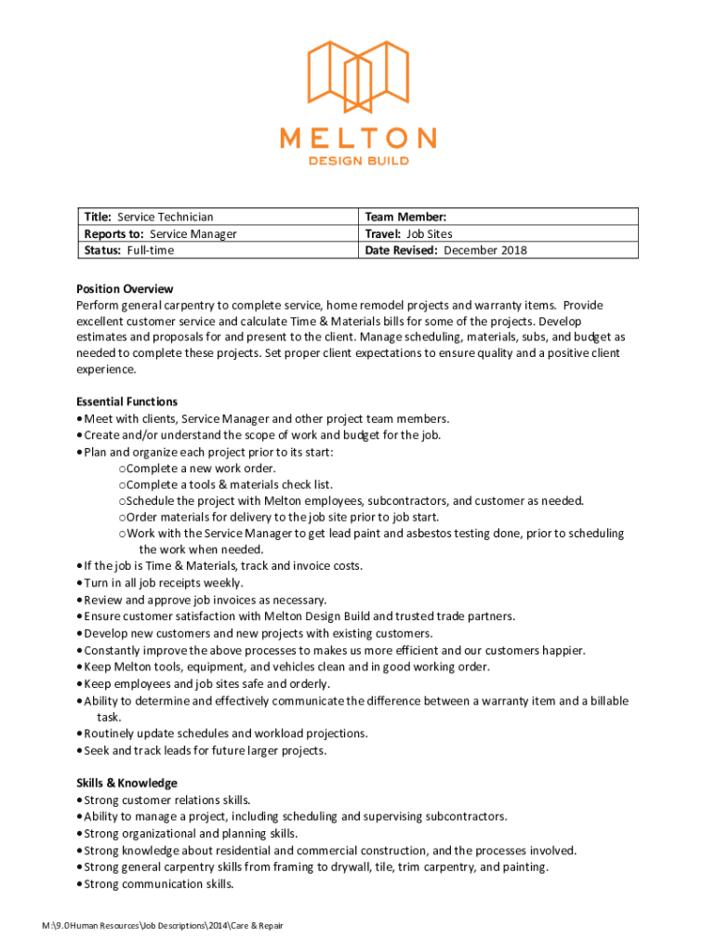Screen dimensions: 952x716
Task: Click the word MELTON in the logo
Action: [x=358, y=139]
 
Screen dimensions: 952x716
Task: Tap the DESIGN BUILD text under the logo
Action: [x=358, y=161]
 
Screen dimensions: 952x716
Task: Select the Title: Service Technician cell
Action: [x=149, y=217]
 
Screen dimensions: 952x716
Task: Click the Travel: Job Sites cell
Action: [x=409, y=233]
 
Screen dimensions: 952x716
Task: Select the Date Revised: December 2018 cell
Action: [x=446, y=250]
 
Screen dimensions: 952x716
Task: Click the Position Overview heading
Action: [x=125, y=289]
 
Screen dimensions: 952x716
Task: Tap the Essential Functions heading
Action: [x=126, y=402]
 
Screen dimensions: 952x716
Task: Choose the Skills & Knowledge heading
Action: [x=126, y=783]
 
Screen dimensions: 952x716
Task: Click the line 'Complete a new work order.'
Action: [x=201, y=468]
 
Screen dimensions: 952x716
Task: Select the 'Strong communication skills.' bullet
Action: [x=158, y=884]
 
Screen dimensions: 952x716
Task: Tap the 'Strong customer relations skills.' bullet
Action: [x=167, y=800]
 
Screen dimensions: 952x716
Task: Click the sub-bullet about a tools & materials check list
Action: [x=229, y=484]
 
